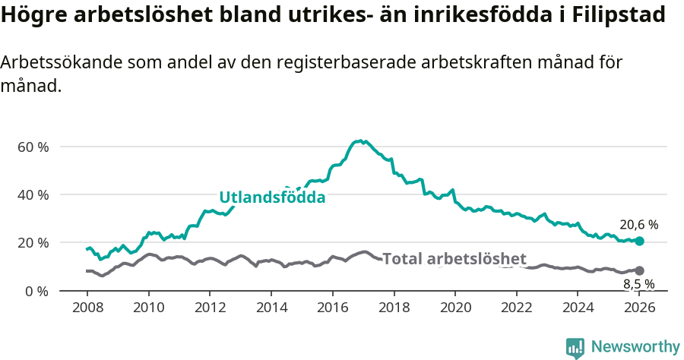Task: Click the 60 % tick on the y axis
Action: (33, 147)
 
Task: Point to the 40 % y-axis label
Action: (33, 194)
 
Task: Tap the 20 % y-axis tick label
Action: (33, 243)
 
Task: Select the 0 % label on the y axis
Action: (36, 291)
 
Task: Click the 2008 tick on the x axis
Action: (87, 308)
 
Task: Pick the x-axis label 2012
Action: (210, 308)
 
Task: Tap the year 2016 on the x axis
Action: (333, 308)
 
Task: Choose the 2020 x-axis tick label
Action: (455, 308)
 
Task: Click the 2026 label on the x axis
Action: (640, 308)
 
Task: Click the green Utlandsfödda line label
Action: (272, 197)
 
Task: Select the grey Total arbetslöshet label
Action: (454, 258)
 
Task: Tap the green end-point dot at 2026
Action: (640, 241)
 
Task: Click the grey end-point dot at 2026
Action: (640, 270)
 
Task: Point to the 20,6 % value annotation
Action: (638, 225)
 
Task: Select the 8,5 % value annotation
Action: (638, 285)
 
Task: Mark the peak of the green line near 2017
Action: (360, 141)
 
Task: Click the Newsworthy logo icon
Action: (575, 348)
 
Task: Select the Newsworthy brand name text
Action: (635, 347)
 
